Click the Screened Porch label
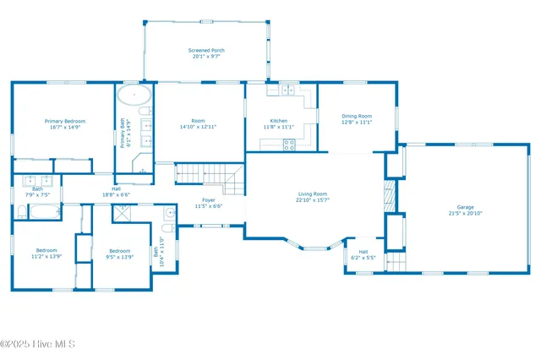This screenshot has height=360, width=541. [x=206, y=51]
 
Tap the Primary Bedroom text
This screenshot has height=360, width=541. [x=64, y=121]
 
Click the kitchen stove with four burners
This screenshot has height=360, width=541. [x=289, y=144]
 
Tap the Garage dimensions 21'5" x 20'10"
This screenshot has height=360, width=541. [x=465, y=213]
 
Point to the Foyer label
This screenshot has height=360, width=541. [x=208, y=200]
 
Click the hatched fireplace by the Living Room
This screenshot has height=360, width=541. [x=389, y=196]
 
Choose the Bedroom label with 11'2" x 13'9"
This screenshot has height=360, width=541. [x=46, y=250]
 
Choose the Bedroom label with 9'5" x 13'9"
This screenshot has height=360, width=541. [x=119, y=250]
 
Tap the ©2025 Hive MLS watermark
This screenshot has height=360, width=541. [x=38, y=344]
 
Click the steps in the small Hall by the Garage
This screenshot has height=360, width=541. [x=396, y=263]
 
